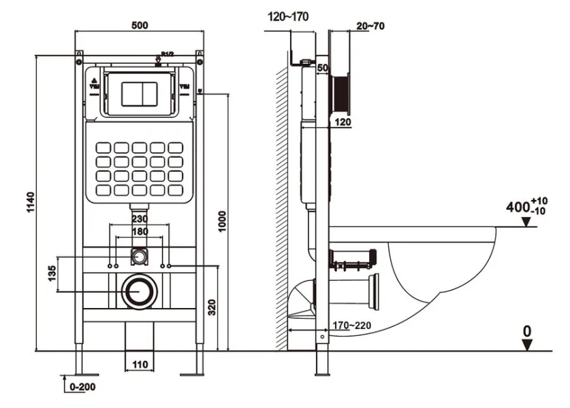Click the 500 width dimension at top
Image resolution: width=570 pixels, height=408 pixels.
point(140,26)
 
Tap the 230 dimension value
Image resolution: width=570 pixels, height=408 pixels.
point(140,220)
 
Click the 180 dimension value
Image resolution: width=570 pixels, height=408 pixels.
point(140,232)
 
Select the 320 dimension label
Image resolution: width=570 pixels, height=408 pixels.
point(212,307)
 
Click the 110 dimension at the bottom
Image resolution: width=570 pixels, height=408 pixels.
point(140,364)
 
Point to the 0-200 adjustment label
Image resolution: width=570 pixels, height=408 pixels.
point(81,388)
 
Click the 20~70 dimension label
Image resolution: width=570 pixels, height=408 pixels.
point(370,26)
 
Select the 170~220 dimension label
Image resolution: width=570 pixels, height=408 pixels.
point(351,324)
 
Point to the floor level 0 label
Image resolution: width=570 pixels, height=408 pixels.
point(526,331)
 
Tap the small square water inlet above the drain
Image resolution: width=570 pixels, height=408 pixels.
point(140,258)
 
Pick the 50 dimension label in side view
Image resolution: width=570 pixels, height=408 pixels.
point(322,68)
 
